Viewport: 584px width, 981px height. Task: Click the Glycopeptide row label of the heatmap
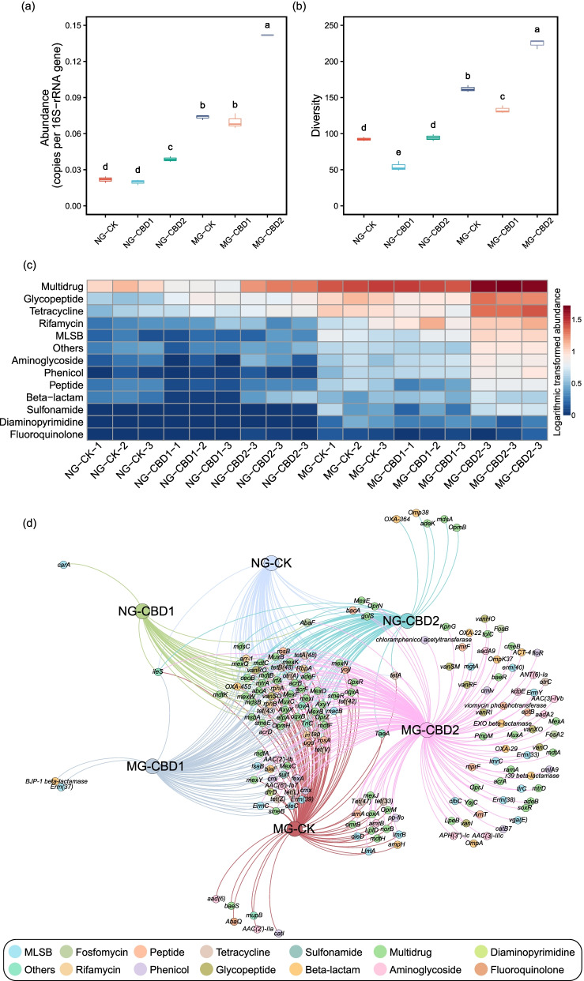coord(50,300)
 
